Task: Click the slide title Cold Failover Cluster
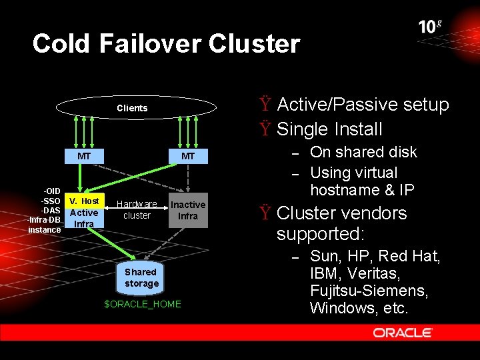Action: point(166,44)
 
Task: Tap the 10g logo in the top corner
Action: point(430,27)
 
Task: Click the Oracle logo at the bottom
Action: point(403,332)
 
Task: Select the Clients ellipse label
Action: point(132,108)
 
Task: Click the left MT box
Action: point(84,156)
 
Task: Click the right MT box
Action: point(188,156)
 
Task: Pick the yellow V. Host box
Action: point(85,201)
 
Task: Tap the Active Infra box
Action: point(84,218)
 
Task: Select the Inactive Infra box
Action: point(188,210)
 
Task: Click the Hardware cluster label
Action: point(137,209)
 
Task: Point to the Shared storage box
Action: point(141,277)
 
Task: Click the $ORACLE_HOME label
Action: point(143,304)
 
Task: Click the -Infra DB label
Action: point(44,220)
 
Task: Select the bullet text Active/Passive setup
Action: point(363,105)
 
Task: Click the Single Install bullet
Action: point(329,129)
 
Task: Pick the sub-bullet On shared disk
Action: point(363,152)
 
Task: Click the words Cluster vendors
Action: point(341,213)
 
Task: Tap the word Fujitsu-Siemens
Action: point(369,291)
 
